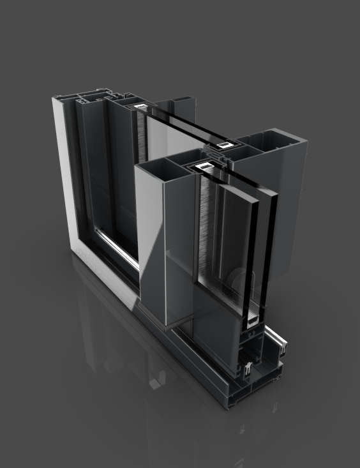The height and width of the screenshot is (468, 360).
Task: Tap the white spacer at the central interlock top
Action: click(x=225, y=146)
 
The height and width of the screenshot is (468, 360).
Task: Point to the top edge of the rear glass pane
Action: click(x=185, y=125)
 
